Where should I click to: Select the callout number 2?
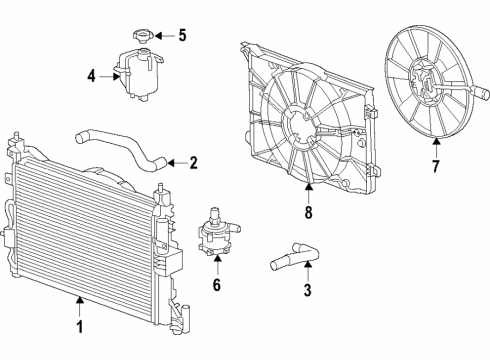click(193, 162)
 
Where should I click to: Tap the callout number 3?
click(307, 291)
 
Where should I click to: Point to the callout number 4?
click(91, 74)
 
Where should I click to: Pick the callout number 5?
click(182, 37)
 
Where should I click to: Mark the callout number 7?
click(435, 166)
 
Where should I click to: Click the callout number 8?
click(308, 212)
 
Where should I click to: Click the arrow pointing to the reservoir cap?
click(165, 37)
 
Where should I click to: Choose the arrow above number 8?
click(308, 192)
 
